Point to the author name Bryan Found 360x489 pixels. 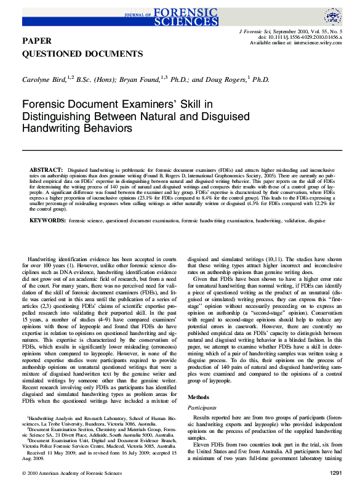(x=138, y=80)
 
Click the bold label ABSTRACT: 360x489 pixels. (x=45, y=169)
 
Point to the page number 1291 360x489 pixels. (x=331, y=473)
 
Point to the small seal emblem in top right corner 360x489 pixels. (x=332, y=15)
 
